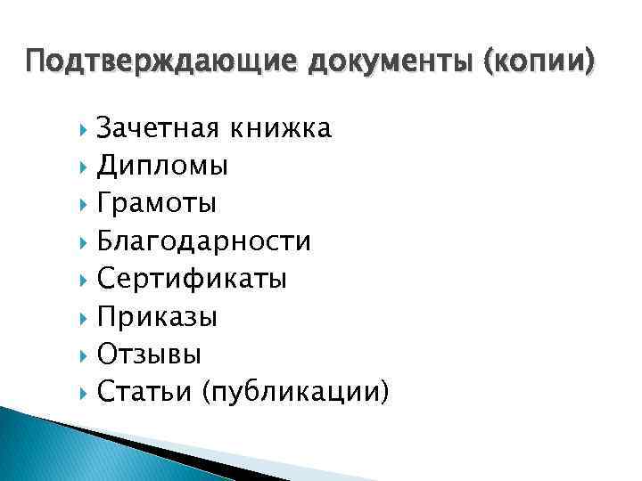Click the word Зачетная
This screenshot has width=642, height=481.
tap(159, 128)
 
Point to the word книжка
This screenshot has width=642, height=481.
tap(280, 128)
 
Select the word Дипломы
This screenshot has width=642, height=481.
tap(162, 166)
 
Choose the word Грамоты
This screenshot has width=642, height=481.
tap(157, 203)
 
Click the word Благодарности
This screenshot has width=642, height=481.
tap(204, 241)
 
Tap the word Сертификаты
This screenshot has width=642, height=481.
tap(192, 279)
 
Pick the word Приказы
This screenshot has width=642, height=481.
tap(158, 316)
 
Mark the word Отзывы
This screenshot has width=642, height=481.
tap(150, 354)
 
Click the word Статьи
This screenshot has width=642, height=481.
tap(145, 391)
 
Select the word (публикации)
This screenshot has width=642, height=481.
tap(296, 392)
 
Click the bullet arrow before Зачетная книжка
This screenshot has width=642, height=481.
tap(84, 129)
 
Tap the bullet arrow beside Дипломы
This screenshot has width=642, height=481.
tap(84, 167)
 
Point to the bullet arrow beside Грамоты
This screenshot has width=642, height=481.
tap(84, 204)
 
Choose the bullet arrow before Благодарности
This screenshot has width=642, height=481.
tap(84, 241)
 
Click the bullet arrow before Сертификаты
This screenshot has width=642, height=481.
tap(84, 279)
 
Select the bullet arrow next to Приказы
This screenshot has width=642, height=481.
tap(84, 316)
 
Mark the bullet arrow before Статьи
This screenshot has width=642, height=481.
tap(84, 391)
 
